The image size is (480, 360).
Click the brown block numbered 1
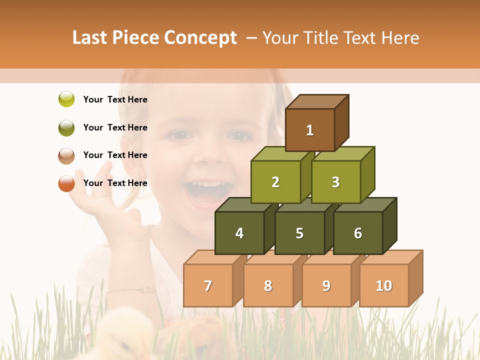[x=310, y=130]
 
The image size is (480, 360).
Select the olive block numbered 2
[x=275, y=182]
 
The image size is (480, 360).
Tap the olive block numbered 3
[x=335, y=182]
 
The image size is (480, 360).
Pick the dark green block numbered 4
[x=239, y=233]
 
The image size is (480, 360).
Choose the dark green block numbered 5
[x=299, y=233]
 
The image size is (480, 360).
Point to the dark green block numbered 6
[x=358, y=233]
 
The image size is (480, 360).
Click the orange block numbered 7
[x=208, y=285]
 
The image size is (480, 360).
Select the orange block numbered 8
[x=268, y=285]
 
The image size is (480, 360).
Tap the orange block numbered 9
[x=326, y=285]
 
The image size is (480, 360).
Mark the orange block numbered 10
[x=384, y=285]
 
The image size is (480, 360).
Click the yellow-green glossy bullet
[x=66, y=99]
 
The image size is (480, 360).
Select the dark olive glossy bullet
[x=66, y=127]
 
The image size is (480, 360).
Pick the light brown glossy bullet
[x=66, y=155]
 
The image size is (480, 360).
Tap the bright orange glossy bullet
[x=66, y=183]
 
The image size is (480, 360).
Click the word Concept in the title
[x=200, y=38]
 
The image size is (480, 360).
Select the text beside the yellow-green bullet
[x=115, y=99]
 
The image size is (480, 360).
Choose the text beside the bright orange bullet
[x=115, y=183]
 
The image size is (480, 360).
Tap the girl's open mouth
[x=205, y=192]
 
